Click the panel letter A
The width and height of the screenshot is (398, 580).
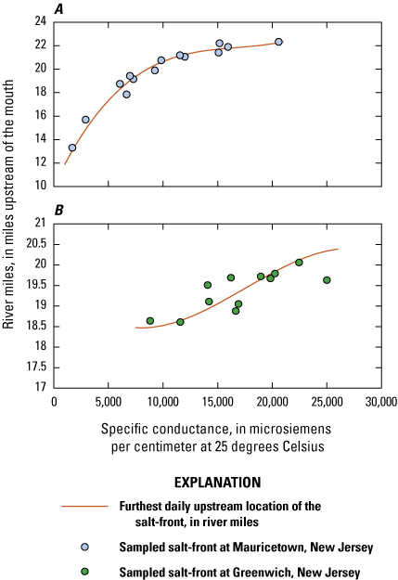tap(58, 8)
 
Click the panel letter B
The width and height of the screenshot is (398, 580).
tap(58, 211)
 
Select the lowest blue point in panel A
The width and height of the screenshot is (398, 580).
tap(72, 148)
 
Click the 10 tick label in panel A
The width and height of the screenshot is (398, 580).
tap(41, 186)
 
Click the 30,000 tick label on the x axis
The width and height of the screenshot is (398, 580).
tap(380, 402)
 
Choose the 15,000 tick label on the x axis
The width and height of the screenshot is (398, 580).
tap(217, 402)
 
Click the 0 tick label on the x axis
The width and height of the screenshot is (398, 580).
tap(54, 402)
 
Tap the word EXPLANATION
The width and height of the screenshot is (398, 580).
tap(217, 483)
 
